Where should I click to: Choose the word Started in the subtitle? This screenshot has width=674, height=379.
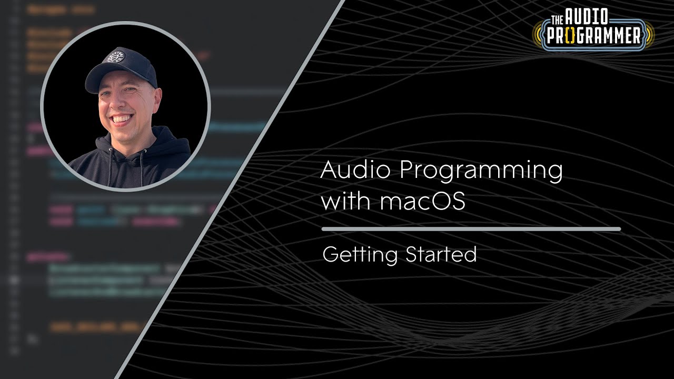click(441, 254)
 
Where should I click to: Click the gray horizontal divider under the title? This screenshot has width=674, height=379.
click(471, 229)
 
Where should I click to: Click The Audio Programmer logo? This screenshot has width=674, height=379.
click(593, 30)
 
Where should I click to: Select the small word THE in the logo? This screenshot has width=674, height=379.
click(557, 20)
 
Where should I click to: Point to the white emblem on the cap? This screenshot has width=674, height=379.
click(114, 56)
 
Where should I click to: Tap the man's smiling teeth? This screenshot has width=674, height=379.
click(122, 118)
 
